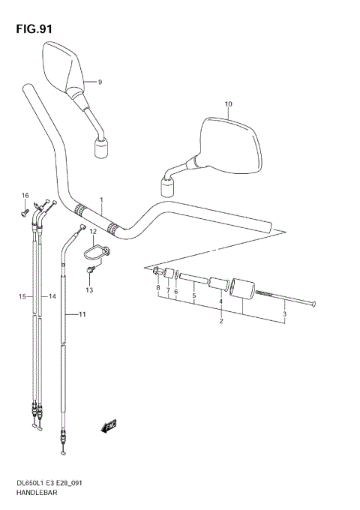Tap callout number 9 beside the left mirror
(99, 82)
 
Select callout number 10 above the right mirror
(228, 104)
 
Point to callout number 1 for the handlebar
(100, 200)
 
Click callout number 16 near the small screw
(24, 196)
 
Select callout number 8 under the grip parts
(158, 287)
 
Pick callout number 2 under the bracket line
(220, 322)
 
